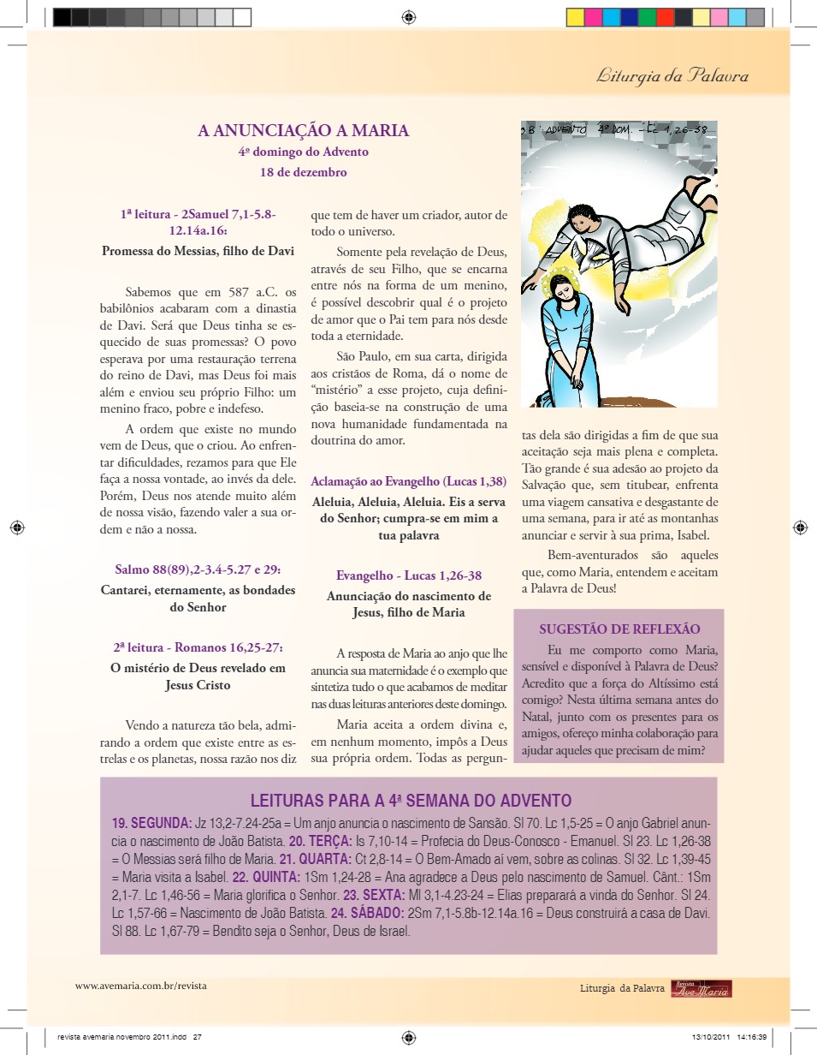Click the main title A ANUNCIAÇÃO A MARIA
(x=304, y=131)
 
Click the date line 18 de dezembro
(x=304, y=171)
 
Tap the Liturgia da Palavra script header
(x=672, y=76)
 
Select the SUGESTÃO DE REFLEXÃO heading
(x=619, y=629)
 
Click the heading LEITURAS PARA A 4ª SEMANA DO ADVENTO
(x=411, y=801)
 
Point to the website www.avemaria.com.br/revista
(x=141, y=986)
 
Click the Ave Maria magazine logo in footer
(x=702, y=989)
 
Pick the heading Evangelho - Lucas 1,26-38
(x=409, y=575)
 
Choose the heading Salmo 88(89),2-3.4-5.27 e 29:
(x=198, y=569)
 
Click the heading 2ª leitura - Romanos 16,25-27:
(x=198, y=647)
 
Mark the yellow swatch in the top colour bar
(x=576, y=16)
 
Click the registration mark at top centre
(x=409, y=16)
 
